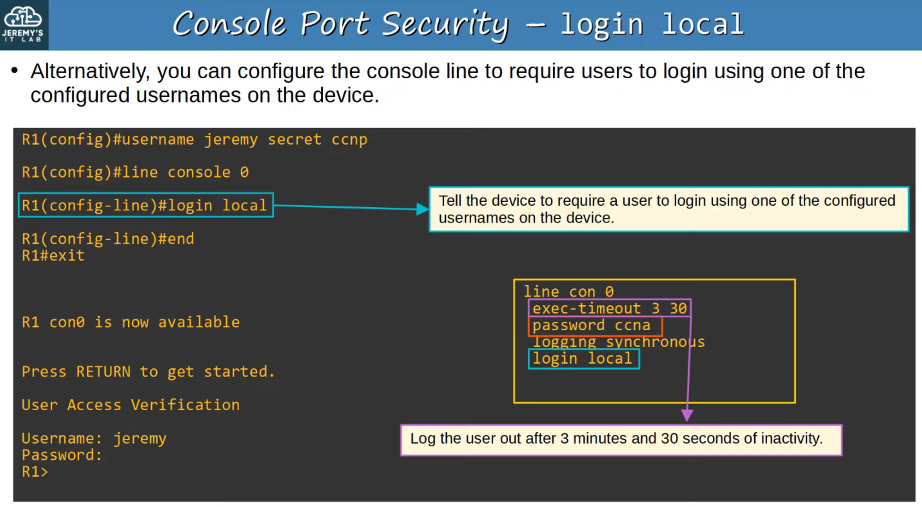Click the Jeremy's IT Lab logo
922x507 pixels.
click(23, 24)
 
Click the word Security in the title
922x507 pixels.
click(445, 24)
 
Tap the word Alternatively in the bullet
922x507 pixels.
click(90, 72)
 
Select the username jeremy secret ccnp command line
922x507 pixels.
click(195, 140)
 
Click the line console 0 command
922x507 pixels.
click(135, 172)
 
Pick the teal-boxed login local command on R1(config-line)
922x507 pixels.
click(145, 205)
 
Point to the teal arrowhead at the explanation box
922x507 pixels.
click(422, 209)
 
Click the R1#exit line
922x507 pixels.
click(53, 256)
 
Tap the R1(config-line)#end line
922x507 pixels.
click(108, 239)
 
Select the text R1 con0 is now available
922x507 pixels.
click(130, 322)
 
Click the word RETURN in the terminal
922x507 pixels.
click(103, 372)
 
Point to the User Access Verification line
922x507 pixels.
click(130, 405)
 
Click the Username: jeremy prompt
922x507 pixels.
click(94, 438)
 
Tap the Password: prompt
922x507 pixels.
click(62, 455)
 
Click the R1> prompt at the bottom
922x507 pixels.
click(35, 472)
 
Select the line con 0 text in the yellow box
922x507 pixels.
click(568, 292)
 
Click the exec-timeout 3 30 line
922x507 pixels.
click(609, 309)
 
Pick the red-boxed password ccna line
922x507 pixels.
click(591, 326)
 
